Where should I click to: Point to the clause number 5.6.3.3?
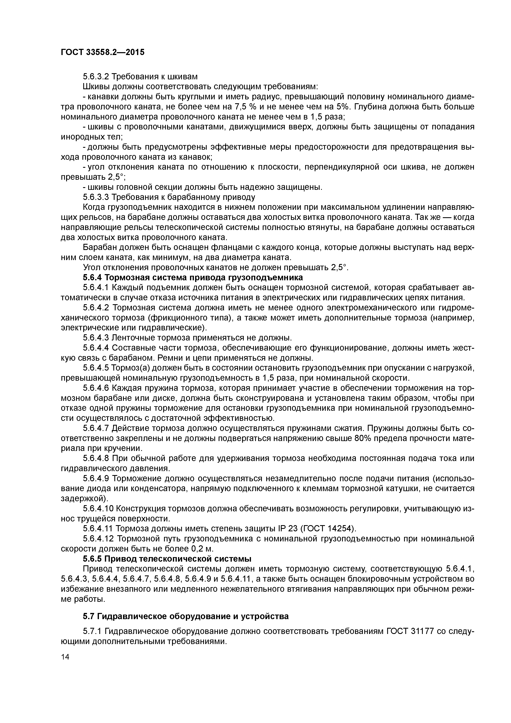96,197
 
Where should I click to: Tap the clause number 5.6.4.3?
96,338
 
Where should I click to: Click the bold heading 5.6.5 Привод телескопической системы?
167,559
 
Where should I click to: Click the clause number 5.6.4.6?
96,388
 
